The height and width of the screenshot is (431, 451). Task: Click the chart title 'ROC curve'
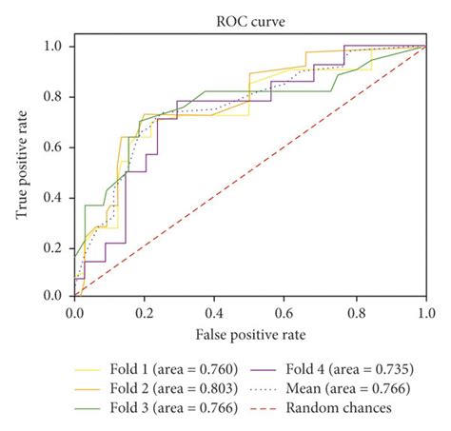click(250, 19)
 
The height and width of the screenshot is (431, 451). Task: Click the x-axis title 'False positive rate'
click(250, 333)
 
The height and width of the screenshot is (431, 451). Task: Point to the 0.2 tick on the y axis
click(55, 246)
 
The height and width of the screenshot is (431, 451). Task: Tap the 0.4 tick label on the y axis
click(55, 197)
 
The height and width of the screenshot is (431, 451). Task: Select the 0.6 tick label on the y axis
click(55, 147)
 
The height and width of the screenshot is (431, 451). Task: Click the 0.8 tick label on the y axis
click(55, 96)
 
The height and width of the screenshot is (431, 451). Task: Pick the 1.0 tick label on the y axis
click(55, 46)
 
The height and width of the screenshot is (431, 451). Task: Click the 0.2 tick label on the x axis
click(145, 311)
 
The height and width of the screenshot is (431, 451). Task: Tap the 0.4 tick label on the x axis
click(215, 311)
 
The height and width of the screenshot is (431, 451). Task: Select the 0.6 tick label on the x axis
click(285, 311)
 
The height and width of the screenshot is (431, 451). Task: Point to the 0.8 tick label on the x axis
click(356, 311)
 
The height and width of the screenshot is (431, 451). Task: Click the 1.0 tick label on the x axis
click(425, 311)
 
